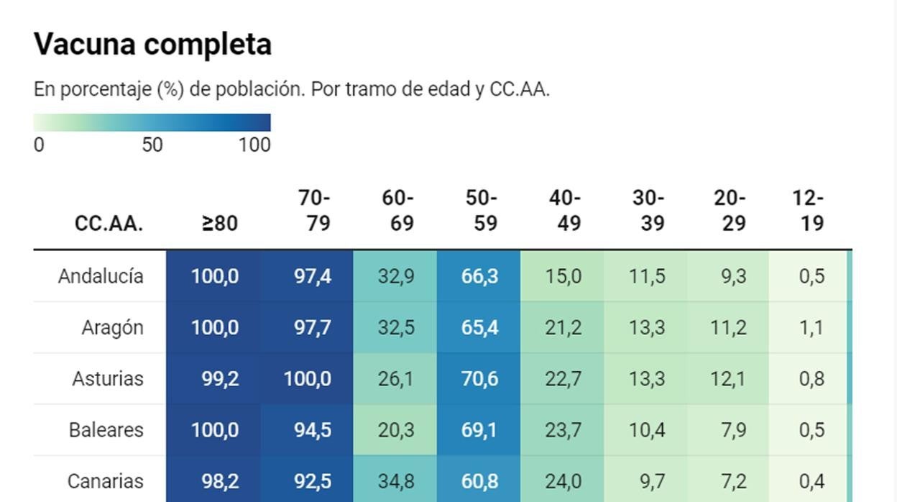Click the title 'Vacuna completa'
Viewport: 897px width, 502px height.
152,45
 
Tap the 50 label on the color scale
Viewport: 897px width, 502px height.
152,145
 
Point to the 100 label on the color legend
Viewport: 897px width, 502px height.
254,145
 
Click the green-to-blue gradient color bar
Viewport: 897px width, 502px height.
152,122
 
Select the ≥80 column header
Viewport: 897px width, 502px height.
219,223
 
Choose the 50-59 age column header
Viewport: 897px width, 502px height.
481,210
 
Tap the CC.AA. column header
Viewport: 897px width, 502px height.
109,223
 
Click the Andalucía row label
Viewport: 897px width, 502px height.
101,276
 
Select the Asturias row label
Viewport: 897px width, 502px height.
107,378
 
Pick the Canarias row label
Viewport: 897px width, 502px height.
105,480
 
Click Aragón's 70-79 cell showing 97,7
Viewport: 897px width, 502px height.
312,327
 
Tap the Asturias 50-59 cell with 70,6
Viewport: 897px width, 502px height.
479,378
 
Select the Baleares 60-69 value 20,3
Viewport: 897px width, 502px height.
395,429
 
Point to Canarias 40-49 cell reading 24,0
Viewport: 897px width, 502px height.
563,480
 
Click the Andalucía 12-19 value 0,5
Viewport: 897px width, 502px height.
811,276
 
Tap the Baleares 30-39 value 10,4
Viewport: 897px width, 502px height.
646,429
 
